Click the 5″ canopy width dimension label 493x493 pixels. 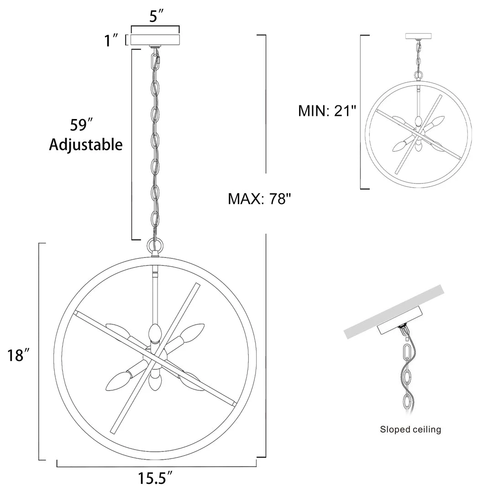(x=156, y=16)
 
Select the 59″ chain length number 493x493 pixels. (x=81, y=125)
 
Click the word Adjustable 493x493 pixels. (x=86, y=145)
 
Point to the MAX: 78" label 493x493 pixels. (x=259, y=199)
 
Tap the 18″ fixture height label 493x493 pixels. (x=19, y=355)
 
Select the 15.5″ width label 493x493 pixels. (x=155, y=478)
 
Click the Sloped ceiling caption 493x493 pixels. (x=410, y=430)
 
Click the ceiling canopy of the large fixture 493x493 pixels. (x=155, y=40)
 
